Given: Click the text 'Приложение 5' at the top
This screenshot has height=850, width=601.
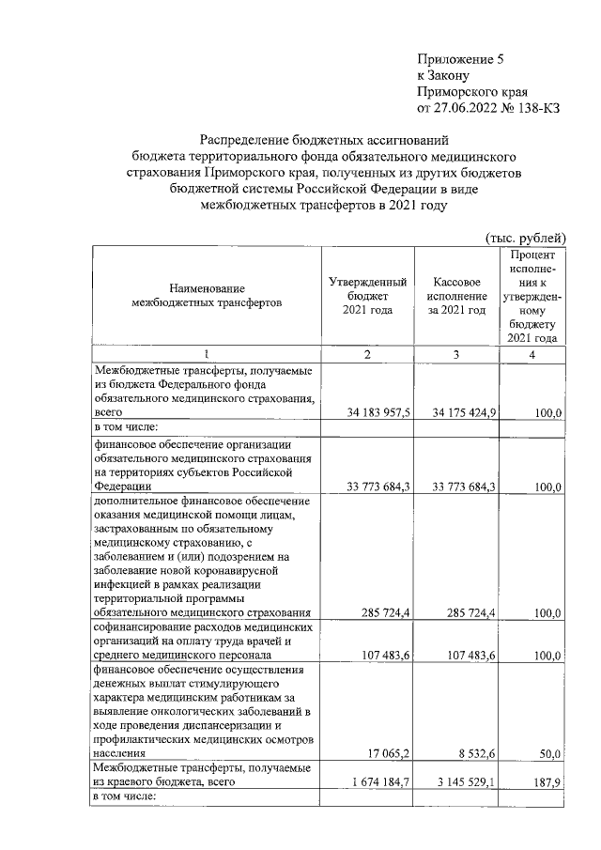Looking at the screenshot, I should click(x=461, y=59).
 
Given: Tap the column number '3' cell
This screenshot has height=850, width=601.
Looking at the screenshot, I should click(x=455, y=353).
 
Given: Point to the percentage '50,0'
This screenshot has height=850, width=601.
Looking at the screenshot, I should click(x=548, y=753).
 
